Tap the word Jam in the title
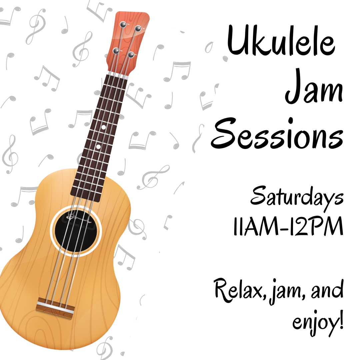point(314,86)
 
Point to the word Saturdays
point(297,197)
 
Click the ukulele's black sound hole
point(76,231)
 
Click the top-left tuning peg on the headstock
point(123,24)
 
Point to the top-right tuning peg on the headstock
point(138,28)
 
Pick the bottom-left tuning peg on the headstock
point(116,51)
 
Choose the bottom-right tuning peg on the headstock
point(131,55)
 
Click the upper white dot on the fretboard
point(104,127)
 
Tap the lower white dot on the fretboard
point(98,146)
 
